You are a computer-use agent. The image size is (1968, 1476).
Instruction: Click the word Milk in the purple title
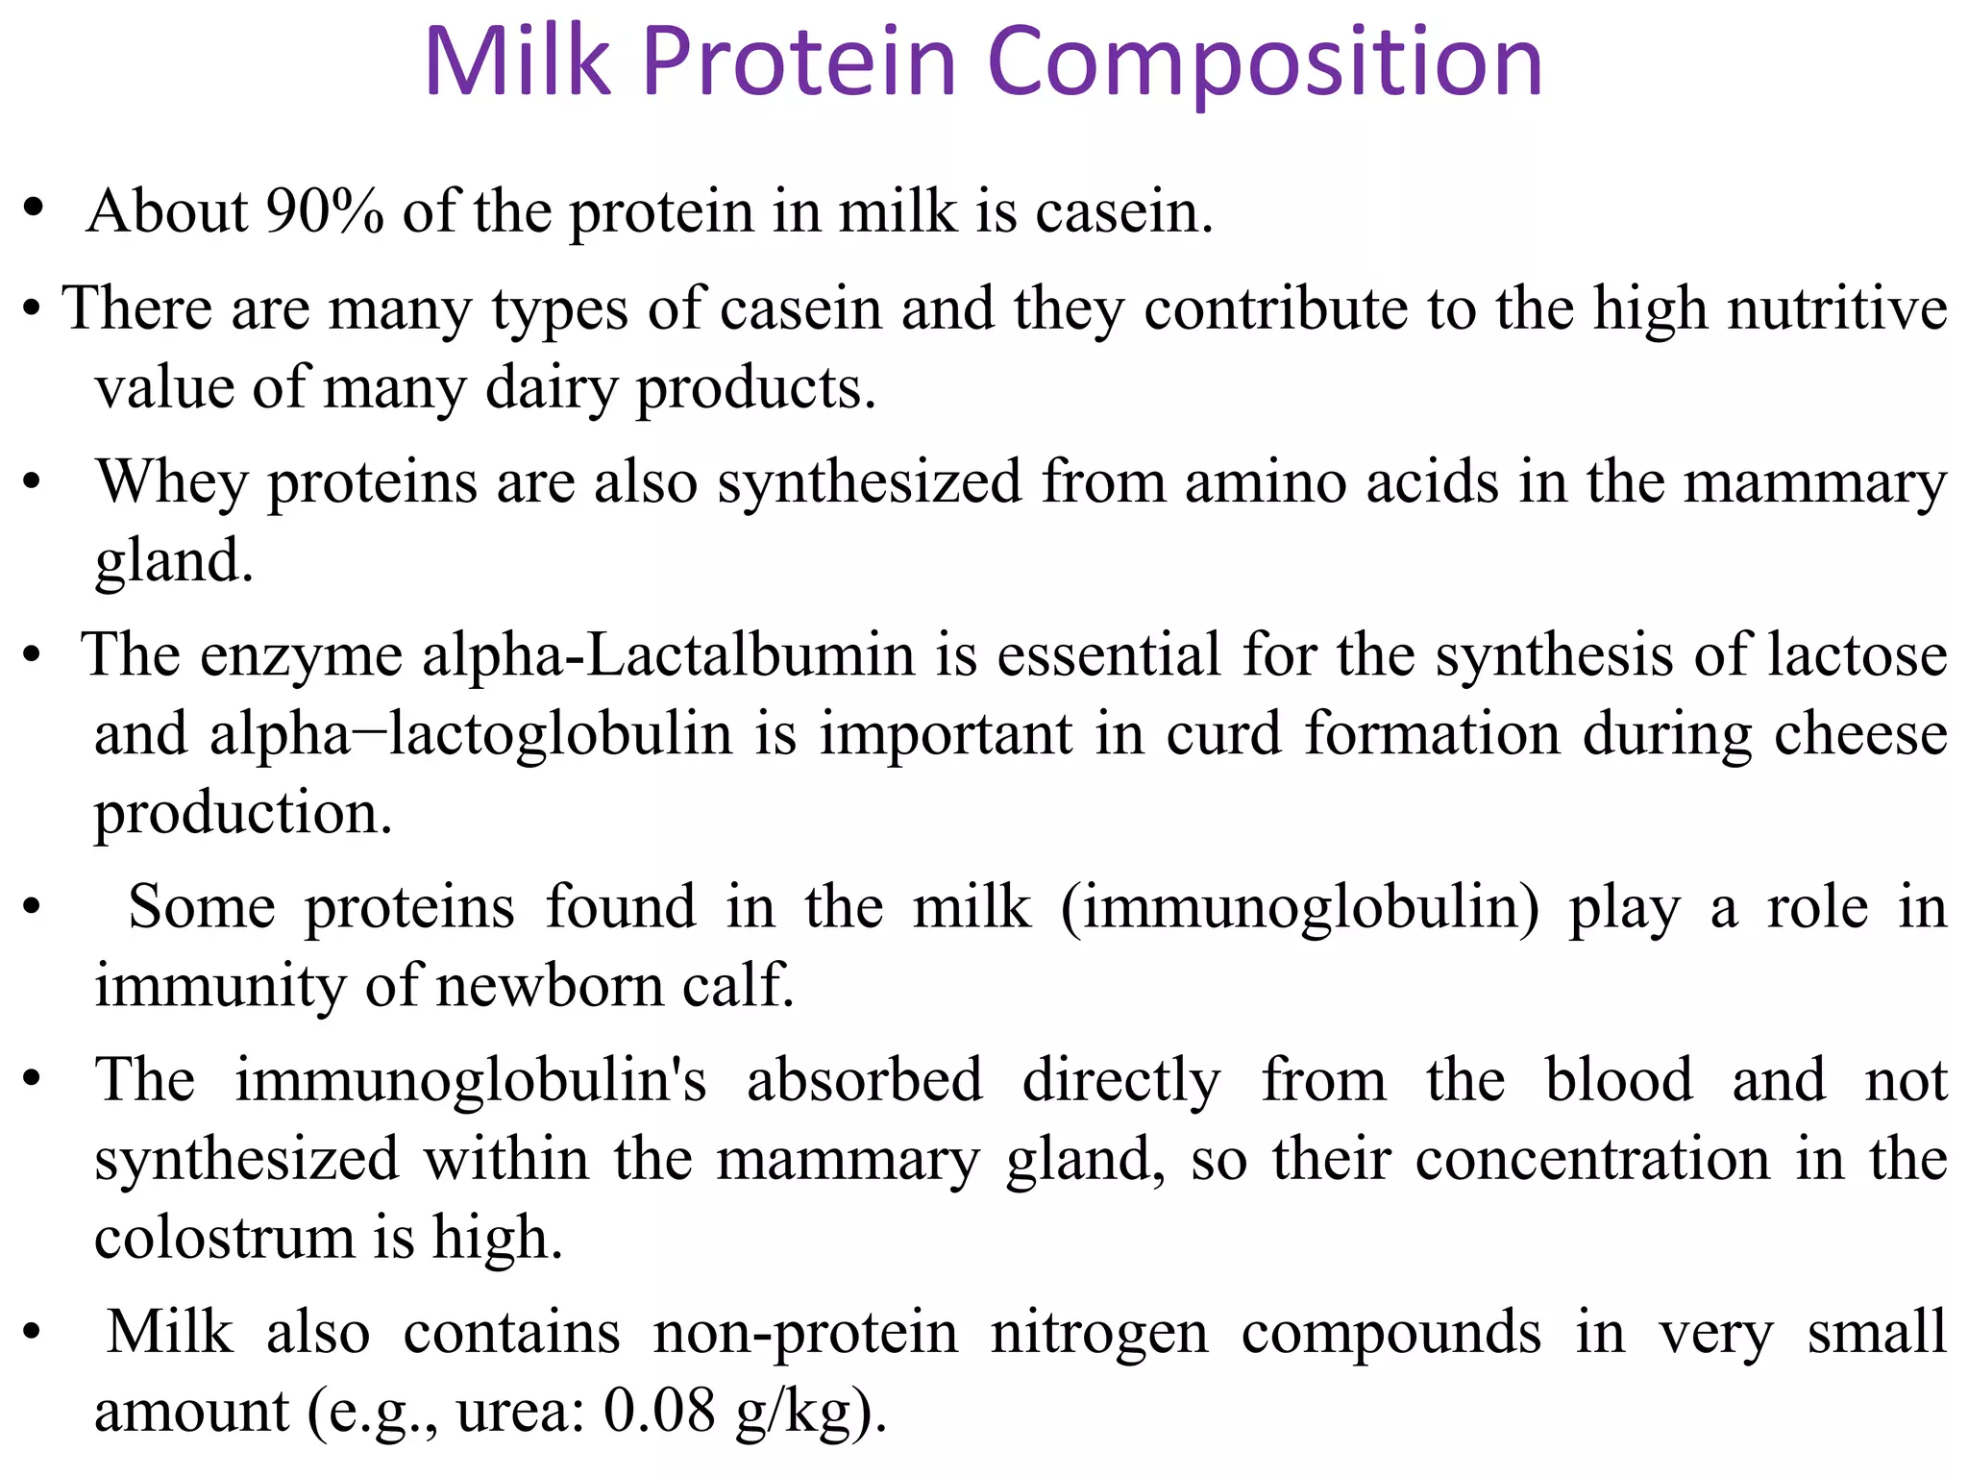[517, 62]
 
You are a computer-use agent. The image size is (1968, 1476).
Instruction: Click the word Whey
[171, 482]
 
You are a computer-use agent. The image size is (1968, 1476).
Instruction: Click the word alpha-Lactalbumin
[668, 656]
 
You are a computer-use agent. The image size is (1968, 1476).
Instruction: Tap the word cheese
[1860, 735]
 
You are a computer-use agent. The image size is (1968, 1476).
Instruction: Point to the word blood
[1618, 1080]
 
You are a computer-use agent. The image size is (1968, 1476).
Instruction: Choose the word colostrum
[224, 1239]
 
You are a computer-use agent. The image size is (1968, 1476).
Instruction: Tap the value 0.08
[659, 1413]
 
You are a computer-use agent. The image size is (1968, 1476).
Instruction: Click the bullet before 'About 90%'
[35, 209]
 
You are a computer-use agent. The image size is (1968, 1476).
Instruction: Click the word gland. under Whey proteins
[174, 561]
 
